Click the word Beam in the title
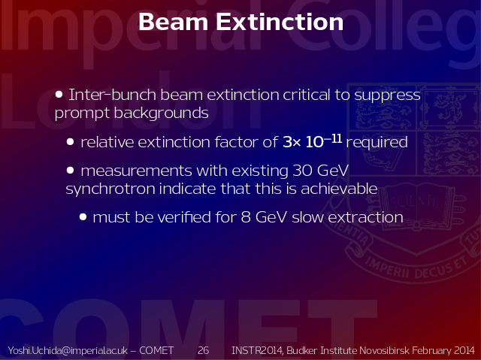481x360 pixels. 174,22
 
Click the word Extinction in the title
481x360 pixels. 280,22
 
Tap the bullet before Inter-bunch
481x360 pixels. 59,95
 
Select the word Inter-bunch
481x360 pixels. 112,95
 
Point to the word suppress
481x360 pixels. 387,95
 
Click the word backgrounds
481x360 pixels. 162,113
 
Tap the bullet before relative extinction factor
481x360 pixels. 70,141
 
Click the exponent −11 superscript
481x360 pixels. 333,138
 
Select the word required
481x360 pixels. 377,143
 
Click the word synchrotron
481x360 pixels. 110,189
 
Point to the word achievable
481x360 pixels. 339,189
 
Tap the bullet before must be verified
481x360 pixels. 83,217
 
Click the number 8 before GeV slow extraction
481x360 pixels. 246,217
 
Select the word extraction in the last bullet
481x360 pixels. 365,217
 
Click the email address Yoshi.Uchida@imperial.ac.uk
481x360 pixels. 68,350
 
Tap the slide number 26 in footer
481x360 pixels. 203,350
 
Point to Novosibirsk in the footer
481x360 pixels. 384,350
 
